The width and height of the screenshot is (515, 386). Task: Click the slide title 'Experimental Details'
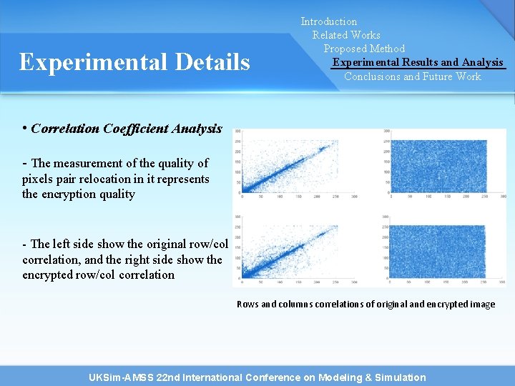click(x=134, y=62)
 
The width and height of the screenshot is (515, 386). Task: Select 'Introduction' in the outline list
click(x=328, y=21)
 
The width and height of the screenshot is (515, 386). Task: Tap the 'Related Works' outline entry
click(x=346, y=35)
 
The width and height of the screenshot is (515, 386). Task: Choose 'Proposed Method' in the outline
click(x=364, y=49)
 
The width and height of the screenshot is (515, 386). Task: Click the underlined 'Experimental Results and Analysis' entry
click(x=418, y=62)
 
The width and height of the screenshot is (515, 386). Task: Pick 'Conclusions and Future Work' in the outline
click(x=413, y=76)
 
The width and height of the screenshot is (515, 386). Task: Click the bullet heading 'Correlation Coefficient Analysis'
click(x=127, y=129)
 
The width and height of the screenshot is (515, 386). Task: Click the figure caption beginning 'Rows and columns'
click(x=366, y=304)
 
